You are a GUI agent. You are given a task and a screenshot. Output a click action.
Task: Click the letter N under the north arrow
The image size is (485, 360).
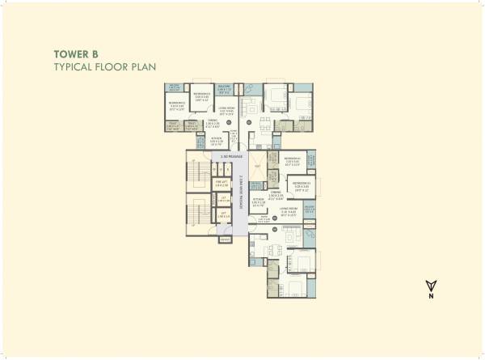[x=430, y=298]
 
